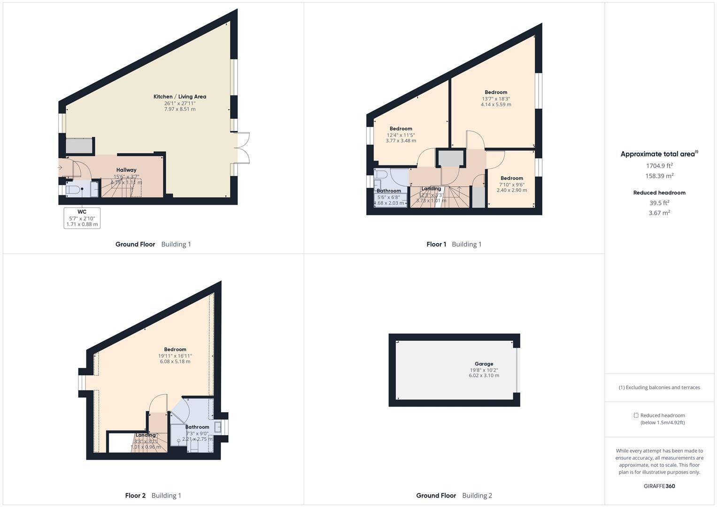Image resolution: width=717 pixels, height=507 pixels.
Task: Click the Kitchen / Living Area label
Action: (x=180, y=97)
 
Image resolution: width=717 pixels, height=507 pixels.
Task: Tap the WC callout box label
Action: (x=82, y=212)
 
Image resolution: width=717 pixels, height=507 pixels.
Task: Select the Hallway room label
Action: (x=126, y=170)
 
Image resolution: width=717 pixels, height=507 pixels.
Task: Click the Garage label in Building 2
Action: (x=484, y=364)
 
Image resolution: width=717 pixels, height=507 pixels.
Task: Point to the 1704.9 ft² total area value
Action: (x=659, y=166)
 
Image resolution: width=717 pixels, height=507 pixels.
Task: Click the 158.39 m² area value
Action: (x=659, y=176)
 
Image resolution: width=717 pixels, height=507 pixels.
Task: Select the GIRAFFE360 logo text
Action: (x=659, y=486)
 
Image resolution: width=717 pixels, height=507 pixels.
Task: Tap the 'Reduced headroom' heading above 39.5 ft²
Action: (x=659, y=192)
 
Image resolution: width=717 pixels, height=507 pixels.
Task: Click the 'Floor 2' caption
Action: (x=135, y=495)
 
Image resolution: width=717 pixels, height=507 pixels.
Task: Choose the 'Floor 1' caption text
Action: (x=436, y=244)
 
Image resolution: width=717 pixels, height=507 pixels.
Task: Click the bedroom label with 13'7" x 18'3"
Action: (x=496, y=92)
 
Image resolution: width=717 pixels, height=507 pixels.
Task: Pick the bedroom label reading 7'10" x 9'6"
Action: (x=512, y=178)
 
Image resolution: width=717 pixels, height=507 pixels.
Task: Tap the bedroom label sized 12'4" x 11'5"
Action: (x=401, y=129)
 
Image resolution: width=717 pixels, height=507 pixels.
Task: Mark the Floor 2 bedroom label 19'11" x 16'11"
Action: (x=175, y=349)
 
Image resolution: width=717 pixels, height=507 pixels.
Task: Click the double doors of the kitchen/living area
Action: (x=243, y=148)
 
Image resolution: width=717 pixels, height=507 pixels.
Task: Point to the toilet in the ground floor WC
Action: (x=74, y=189)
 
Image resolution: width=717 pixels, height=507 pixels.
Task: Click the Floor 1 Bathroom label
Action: (x=389, y=191)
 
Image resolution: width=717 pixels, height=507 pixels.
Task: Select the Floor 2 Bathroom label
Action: (x=197, y=427)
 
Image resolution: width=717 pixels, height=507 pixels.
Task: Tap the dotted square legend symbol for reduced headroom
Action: (x=636, y=415)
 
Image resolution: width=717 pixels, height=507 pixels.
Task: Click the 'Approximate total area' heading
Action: (x=657, y=154)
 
